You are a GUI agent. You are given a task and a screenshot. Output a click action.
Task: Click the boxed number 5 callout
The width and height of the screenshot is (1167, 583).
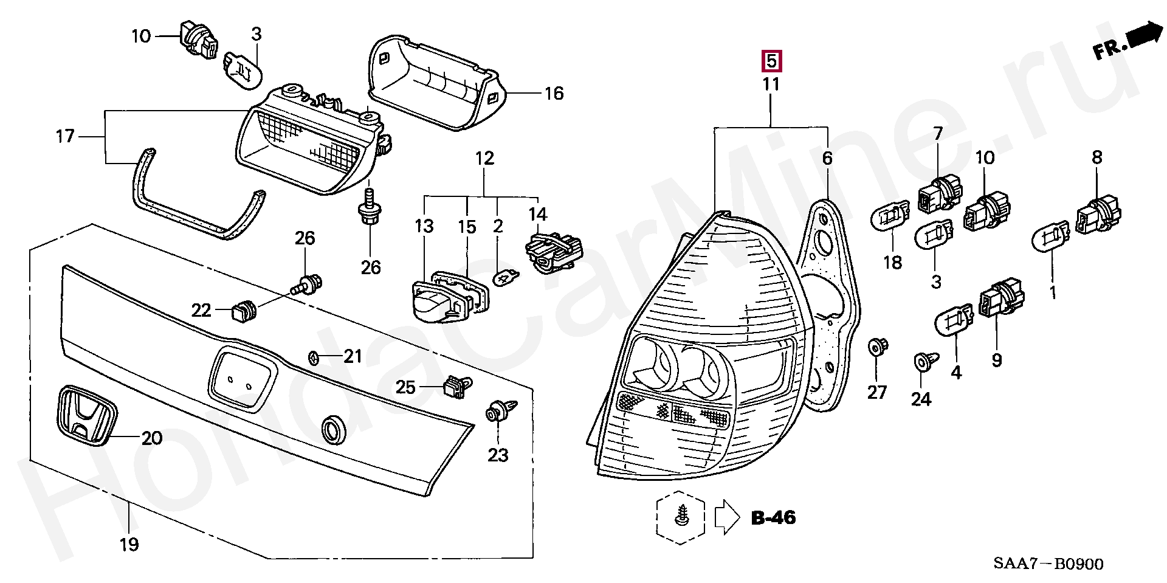[x=771, y=61]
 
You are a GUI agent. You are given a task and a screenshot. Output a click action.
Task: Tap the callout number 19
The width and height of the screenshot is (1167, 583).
[x=129, y=544]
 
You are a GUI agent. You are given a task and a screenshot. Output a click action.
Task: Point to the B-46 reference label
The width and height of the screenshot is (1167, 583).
[x=773, y=518]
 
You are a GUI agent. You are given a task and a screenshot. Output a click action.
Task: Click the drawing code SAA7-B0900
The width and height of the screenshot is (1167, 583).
[x=1048, y=564]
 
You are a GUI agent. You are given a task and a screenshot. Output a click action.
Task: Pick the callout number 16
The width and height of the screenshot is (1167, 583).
[x=554, y=94]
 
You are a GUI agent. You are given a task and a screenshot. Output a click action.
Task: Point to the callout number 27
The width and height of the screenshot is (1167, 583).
[x=876, y=393]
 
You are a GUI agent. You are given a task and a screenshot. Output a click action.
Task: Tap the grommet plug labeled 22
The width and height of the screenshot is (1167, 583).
[x=244, y=311]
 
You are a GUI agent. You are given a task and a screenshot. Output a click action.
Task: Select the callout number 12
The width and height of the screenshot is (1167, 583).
[x=484, y=159]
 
